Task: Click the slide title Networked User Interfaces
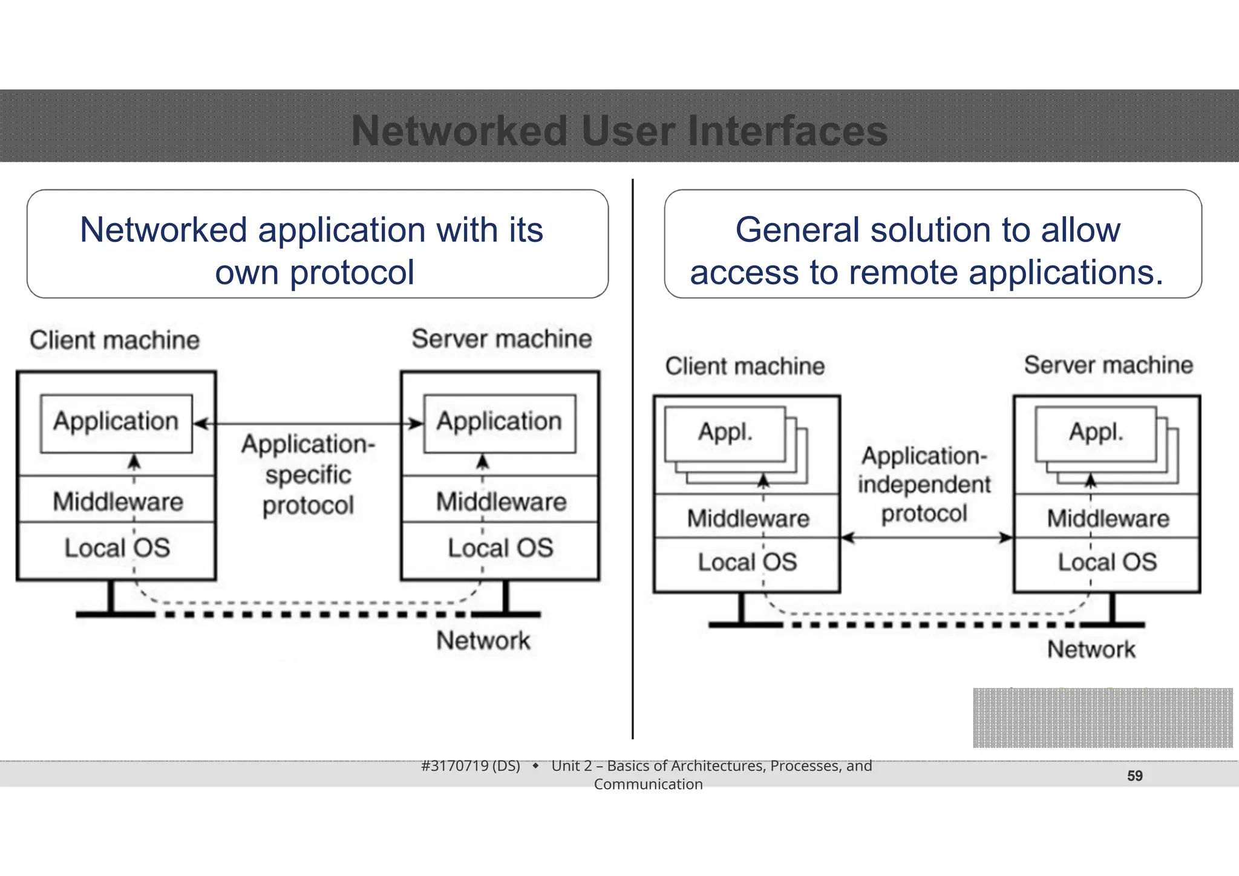(x=619, y=131)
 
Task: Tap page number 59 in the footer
(x=1134, y=776)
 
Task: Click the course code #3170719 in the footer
(x=470, y=766)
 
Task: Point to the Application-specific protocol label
(x=308, y=475)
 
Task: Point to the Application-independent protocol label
(x=924, y=485)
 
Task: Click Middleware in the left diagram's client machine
(x=117, y=502)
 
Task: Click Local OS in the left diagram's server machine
(x=500, y=548)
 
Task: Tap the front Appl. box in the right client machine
(x=725, y=433)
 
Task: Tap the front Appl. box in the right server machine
(x=1096, y=433)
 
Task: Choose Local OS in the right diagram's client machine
(x=747, y=562)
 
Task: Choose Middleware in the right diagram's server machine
(x=1108, y=518)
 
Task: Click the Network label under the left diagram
(x=483, y=641)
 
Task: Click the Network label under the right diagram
(x=1091, y=650)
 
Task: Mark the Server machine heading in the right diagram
(x=1108, y=365)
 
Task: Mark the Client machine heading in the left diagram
(x=114, y=340)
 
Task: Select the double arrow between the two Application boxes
(x=308, y=424)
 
